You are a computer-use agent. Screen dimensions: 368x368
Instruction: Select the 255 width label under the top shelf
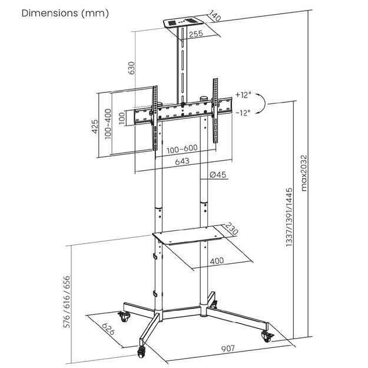[197, 34]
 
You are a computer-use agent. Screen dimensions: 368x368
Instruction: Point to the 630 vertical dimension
[131, 69]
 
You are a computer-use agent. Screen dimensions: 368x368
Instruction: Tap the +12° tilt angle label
[242, 95]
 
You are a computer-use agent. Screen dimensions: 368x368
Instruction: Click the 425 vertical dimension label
[94, 127]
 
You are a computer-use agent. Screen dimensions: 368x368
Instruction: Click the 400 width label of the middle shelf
[216, 261]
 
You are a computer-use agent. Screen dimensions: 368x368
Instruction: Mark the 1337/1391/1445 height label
[289, 219]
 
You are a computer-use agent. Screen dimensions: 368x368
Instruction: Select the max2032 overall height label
[304, 174]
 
